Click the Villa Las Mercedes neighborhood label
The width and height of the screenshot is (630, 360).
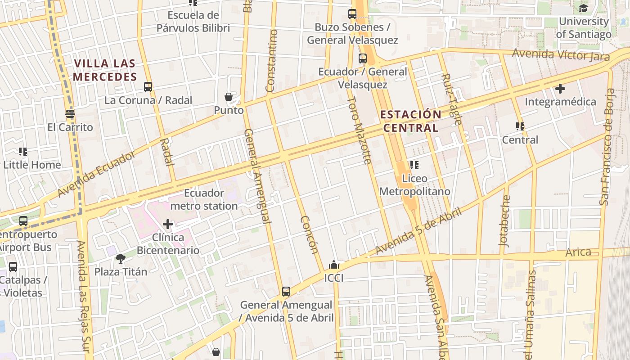pyautogui.click(x=105, y=70)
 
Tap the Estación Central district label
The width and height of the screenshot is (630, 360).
pyautogui.click(x=410, y=121)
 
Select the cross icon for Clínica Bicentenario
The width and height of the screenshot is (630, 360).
pyautogui.click(x=168, y=224)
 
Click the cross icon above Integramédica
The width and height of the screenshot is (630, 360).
pyautogui.click(x=560, y=89)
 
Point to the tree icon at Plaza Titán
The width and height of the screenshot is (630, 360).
pyautogui.click(x=120, y=259)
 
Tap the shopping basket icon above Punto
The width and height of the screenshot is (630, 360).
pyautogui.click(x=229, y=97)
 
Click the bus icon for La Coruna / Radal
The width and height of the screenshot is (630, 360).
pyautogui.click(x=148, y=87)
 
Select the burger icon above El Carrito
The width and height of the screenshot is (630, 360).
pyautogui.click(x=70, y=114)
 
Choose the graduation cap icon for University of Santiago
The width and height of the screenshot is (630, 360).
pyautogui.click(x=583, y=8)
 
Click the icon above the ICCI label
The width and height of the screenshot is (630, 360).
pyautogui.click(x=333, y=265)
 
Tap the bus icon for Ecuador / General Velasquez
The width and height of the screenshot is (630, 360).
pyautogui.click(x=363, y=58)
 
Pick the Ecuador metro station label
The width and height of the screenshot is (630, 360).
pyautogui.click(x=204, y=199)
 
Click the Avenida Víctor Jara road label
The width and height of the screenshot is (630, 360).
pyautogui.click(x=561, y=55)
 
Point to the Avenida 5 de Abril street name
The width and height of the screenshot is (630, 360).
pyautogui.click(x=418, y=231)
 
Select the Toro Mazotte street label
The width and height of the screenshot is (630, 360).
pyautogui.click(x=360, y=130)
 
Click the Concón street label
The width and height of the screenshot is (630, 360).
pyautogui.click(x=310, y=235)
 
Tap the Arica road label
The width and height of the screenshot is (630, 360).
pyautogui.click(x=578, y=252)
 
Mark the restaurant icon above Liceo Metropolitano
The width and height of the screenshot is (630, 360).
pyautogui.click(x=414, y=165)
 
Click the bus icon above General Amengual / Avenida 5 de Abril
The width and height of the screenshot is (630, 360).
pyautogui.click(x=286, y=292)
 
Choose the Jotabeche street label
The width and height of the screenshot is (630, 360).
pyautogui.click(x=504, y=220)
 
